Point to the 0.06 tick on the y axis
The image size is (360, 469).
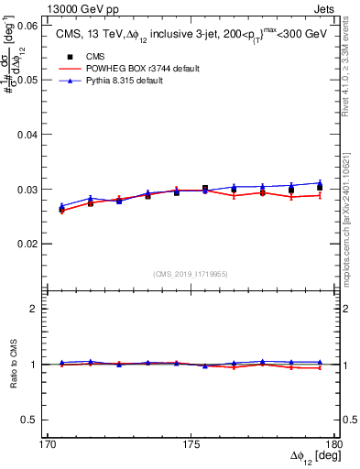coord(27,26)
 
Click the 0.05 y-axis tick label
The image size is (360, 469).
coord(27,80)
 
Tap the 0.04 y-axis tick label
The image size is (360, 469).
coord(27,135)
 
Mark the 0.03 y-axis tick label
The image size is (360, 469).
coord(27,190)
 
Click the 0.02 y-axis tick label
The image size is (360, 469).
coord(27,245)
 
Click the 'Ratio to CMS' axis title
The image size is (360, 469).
coord(14,364)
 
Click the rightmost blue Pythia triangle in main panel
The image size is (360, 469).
coord(320,182)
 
